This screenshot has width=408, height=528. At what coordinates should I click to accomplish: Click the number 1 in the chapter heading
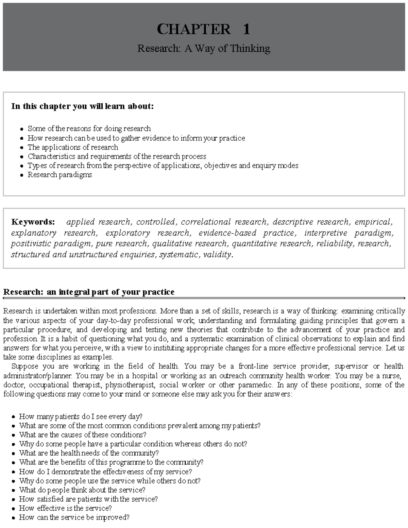point(246,29)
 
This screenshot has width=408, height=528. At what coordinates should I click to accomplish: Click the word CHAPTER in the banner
point(193,29)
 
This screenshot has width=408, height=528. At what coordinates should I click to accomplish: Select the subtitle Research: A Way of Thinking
point(204,49)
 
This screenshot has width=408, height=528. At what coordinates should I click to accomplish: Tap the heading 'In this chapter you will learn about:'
point(82,106)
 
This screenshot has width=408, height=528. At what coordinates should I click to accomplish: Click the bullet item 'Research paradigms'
point(60,175)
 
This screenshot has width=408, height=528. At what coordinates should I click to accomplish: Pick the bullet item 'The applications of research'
point(73,147)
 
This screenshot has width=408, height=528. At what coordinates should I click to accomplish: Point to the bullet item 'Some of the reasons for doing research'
point(89,129)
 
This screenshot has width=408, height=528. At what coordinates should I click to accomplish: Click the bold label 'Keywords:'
point(33,222)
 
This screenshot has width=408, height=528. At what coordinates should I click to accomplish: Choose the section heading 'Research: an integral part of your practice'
point(88,292)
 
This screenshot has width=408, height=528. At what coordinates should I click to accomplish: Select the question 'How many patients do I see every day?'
point(81,416)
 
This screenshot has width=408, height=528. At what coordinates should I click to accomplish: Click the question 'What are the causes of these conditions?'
point(83,435)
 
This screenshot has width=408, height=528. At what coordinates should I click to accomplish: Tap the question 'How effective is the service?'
point(65,508)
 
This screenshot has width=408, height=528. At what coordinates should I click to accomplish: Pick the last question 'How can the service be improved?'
point(74,517)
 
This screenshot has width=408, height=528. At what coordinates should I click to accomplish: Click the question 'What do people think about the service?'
point(82,490)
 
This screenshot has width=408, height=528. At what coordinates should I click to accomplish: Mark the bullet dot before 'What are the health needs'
point(13,454)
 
